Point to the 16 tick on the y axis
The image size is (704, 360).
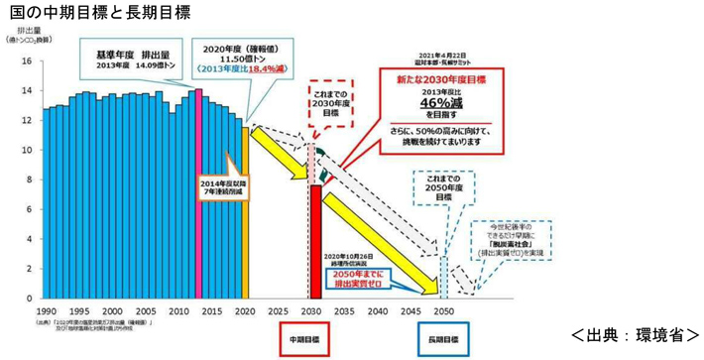[x=29, y=61]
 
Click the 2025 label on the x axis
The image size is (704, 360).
[x=280, y=310]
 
